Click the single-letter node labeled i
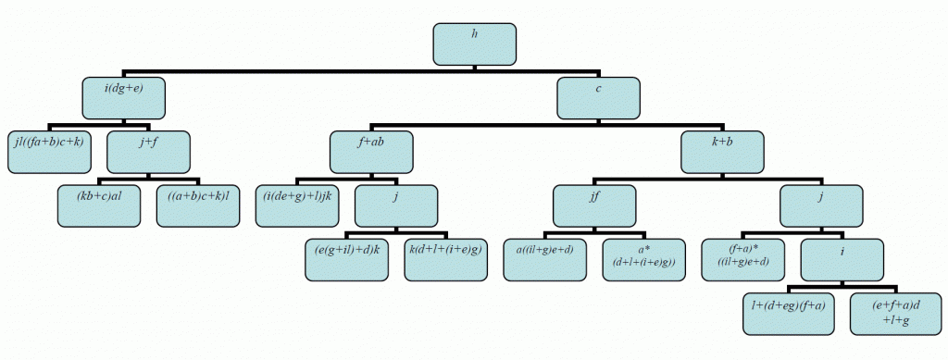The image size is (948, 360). [842, 260]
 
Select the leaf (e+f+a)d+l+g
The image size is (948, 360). [892, 314]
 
